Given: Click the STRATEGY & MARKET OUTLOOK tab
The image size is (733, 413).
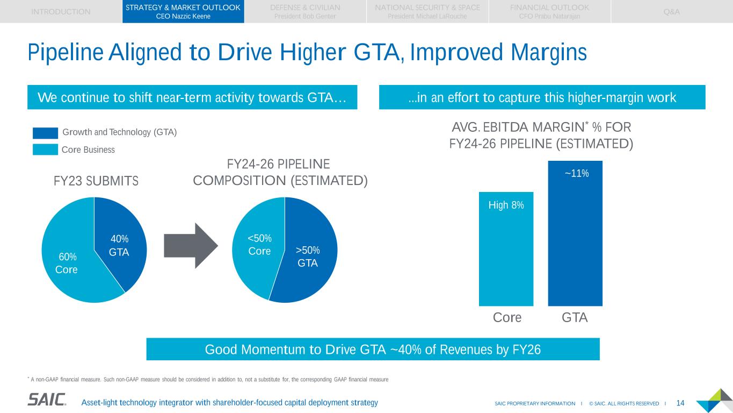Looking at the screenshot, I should pos(183,11).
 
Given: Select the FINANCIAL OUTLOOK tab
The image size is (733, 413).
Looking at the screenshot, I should pos(549,11).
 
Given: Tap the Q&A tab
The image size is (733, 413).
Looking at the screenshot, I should pos(671,11).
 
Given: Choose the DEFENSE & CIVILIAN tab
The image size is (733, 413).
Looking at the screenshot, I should pos(305,11).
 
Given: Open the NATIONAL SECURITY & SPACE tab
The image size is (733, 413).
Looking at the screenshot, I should pos(427,11).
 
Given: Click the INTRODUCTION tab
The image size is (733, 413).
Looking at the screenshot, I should pos(61,11).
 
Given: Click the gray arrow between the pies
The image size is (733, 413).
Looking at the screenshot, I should pos(191,245).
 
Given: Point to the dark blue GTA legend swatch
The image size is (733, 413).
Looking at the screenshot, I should pos(45,132).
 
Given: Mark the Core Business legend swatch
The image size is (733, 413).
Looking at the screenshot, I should pos(45,149).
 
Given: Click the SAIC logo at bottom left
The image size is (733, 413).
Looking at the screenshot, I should pos(47,400).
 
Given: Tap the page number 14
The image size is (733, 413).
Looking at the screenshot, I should pos(680,403).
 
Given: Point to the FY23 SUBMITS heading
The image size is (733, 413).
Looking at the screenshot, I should pos(96,181).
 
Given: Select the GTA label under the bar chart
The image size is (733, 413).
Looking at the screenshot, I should pos(575,318).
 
